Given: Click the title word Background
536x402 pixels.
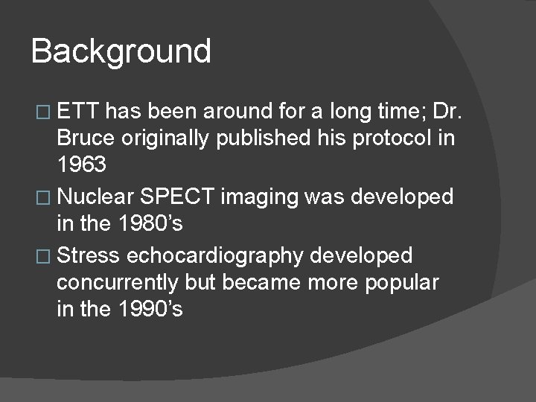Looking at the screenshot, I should [x=121, y=52].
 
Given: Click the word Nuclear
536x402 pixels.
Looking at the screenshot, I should [x=96, y=197].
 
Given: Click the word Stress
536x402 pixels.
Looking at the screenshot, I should [x=88, y=255].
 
